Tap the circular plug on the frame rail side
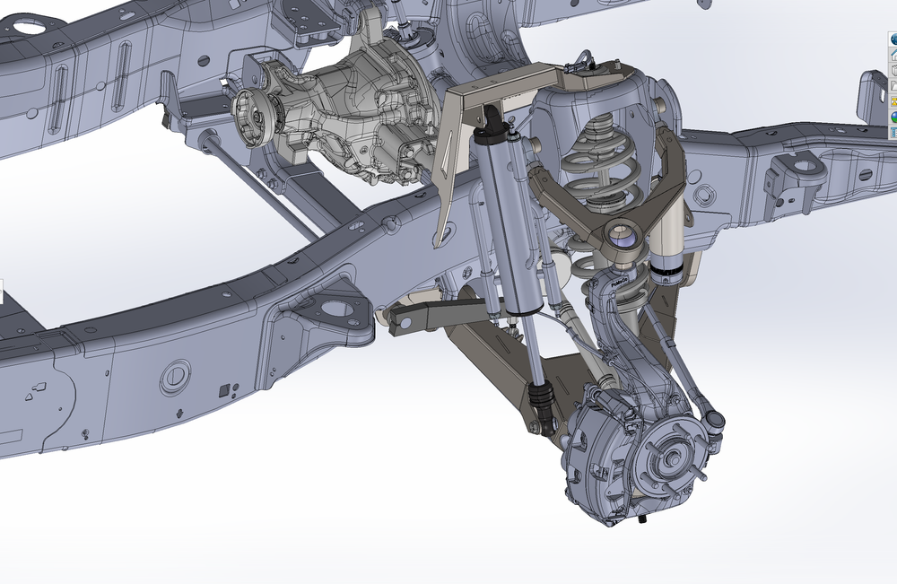coord(176,378)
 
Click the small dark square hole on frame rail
coord(223,389)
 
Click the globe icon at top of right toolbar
coord(892,39)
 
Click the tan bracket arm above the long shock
coord(502,85)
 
